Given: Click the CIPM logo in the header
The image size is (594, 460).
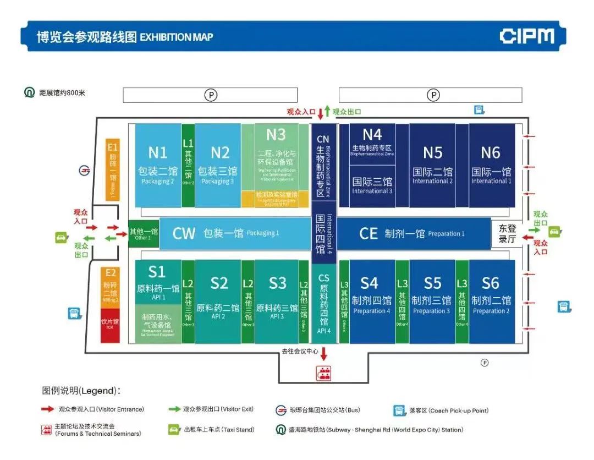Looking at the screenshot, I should point(526,36).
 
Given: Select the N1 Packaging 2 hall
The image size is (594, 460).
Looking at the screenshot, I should point(158,165).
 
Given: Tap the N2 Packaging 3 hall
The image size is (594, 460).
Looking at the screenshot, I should point(219,165).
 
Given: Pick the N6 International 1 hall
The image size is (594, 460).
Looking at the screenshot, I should point(491,165).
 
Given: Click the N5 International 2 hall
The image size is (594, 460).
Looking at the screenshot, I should point(432,165).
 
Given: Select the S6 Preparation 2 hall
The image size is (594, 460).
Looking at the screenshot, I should point(491,302).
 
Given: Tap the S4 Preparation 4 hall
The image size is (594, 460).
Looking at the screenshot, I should point(371,302).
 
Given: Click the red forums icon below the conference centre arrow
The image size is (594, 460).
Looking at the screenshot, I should point(323,373).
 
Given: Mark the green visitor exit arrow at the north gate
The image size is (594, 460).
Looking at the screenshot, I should point(327,111).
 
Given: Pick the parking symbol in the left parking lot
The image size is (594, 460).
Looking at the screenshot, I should point(211,95).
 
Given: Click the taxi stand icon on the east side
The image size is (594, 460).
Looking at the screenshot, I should point(554,232).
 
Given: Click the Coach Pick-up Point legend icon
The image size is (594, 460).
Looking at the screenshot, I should point(399,410).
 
